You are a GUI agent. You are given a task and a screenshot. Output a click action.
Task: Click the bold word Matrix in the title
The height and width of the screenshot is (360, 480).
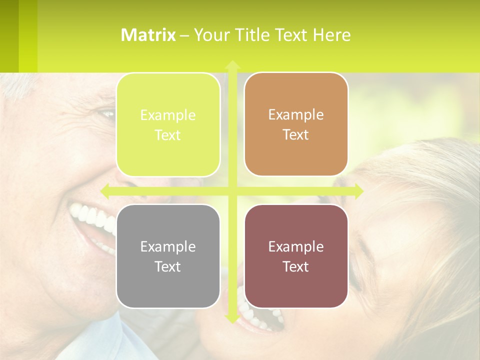point(148,35)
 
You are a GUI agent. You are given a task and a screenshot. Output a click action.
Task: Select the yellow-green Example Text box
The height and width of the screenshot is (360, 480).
point(168,125)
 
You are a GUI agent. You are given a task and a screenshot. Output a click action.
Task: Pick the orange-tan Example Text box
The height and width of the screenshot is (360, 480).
point(296,124)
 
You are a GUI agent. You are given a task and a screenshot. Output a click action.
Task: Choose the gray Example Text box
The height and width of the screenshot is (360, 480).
point(168,256)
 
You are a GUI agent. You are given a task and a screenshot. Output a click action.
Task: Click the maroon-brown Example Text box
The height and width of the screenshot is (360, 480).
point(296,256)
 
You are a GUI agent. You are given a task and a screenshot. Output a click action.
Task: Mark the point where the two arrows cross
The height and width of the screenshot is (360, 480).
point(232,191)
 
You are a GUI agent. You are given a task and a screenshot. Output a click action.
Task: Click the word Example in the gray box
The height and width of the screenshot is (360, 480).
point(168,246)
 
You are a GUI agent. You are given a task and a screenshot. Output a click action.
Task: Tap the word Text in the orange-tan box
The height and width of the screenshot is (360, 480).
point(296,135)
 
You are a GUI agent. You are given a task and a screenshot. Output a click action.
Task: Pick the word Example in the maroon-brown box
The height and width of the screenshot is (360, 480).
point(296,246)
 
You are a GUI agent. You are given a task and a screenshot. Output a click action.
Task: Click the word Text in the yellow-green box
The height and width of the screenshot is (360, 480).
point(168,135)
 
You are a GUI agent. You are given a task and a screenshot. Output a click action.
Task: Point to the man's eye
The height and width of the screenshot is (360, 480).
point(106,114)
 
